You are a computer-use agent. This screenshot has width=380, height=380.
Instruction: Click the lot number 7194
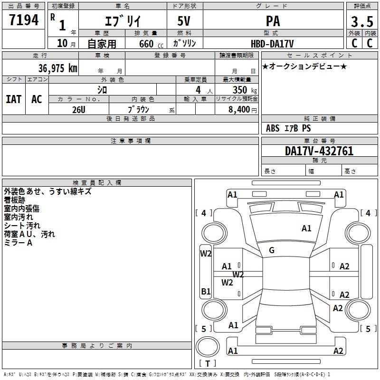[x=24, y=20]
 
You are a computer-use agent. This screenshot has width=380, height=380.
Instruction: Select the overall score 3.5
[x=362, y=22]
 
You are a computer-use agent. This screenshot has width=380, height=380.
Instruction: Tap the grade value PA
[x=273, y=21]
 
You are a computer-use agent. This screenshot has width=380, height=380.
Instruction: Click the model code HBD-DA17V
[x=272, y=44]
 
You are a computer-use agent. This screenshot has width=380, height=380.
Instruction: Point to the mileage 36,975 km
[x=58, y=68]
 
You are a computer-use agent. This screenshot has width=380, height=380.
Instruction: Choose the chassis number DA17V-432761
[x=319, y=151]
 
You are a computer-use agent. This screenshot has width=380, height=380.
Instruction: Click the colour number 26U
[x=79, y=110]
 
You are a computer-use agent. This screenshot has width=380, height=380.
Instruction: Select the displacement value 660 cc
[x=151, y=44]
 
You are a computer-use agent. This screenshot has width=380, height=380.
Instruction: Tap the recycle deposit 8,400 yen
[x=243, y=110]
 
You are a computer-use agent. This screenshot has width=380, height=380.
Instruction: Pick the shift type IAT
[x=14, y=99]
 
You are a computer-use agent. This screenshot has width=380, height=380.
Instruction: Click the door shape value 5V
[x=184, y=21]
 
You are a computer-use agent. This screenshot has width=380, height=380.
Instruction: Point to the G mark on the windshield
[x=272, y=250]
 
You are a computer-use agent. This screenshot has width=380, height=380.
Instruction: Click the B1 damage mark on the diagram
[x=206, y=291]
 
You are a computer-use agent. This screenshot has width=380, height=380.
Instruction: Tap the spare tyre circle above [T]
[x=208, y=346]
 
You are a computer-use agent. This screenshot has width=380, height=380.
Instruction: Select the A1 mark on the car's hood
[x=306, y=228]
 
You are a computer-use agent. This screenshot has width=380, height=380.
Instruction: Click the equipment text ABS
[x=273, y=128]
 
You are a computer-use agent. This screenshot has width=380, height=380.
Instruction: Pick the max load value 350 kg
[x=245, y=90]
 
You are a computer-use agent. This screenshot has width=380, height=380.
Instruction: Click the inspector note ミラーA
[x=18, y=243]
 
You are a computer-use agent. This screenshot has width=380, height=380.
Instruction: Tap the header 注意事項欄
[x=131, y=141]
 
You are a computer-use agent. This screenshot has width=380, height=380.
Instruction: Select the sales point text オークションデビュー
[x=304, y=66]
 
